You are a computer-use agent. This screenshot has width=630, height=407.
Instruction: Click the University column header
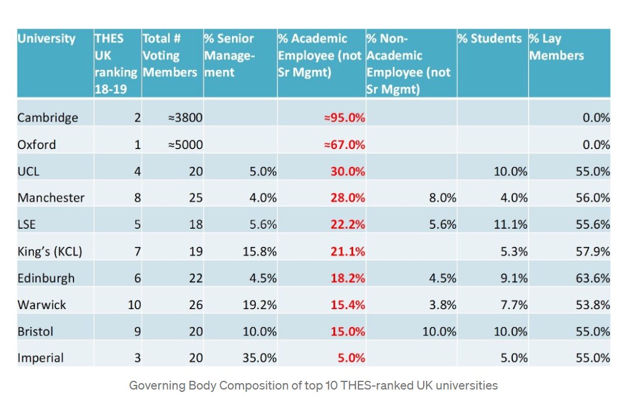click(47, 39)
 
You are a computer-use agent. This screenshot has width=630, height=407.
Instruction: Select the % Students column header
click(489, 39)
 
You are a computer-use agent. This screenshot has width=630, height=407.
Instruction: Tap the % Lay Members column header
click(556, 47)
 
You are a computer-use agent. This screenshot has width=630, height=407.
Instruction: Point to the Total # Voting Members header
click(170, 55)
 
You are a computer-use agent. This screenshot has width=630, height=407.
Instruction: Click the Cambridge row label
click(47, 118)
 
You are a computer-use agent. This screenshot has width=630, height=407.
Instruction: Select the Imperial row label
click(41, 358)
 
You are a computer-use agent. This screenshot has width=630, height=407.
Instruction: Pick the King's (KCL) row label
click(50, 252)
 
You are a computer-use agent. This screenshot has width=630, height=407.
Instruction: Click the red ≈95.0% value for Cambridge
click(344, 118)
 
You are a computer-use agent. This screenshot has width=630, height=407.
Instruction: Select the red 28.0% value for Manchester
click(347, 198)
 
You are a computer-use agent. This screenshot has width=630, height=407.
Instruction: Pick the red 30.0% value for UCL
click(347, 171)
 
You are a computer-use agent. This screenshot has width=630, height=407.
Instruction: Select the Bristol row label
click(36, 331)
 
